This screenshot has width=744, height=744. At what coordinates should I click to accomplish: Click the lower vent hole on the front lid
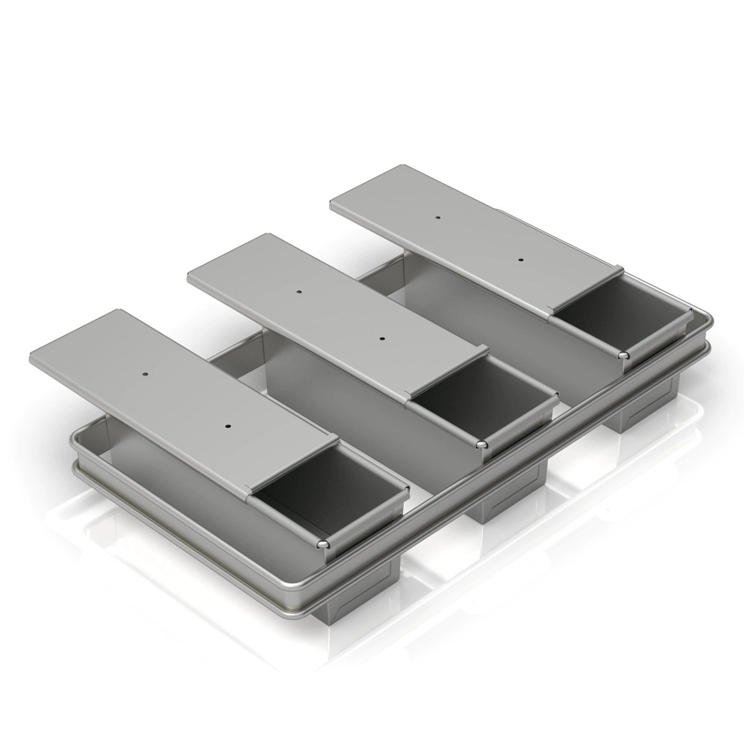[x=229, y=426]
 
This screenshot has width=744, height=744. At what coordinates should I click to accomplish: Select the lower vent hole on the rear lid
[x=521, y=260]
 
